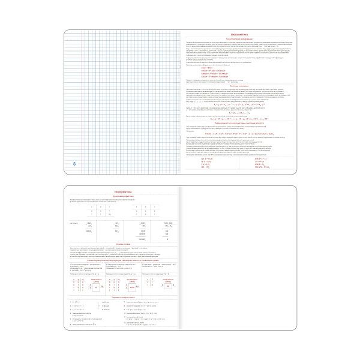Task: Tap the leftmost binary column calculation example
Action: pyautogui.click(x=89, y=227)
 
